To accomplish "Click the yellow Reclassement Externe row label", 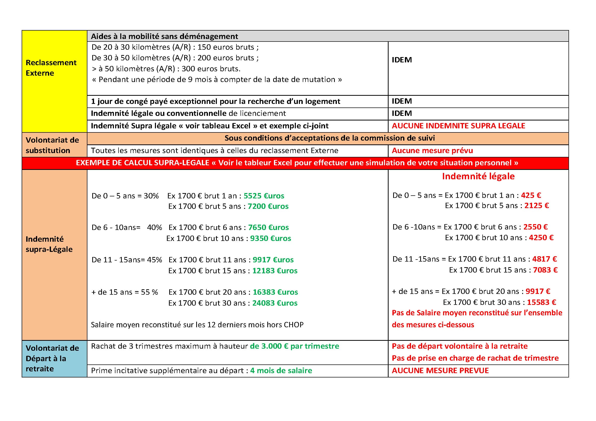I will coord(51,68).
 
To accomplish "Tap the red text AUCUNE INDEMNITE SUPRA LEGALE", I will coord(458,126).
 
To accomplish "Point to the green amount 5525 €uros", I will coord(264,196).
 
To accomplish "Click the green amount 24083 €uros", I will coord(275,303).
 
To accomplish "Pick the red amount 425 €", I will coord(531,195).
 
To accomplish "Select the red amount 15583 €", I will coord(541,302).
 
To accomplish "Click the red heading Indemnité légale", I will coord(478,176).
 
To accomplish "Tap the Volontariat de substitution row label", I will coord(52,145).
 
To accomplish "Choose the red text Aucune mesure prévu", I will coord(432,151).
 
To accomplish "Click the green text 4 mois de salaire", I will coord(281,370).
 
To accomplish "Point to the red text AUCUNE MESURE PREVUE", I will coord(440,370).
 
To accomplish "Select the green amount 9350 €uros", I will coord(271,238).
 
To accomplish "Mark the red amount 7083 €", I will coord(545,270).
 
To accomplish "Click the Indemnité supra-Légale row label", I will coord(49,244).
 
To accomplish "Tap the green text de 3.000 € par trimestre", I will coord(294,346).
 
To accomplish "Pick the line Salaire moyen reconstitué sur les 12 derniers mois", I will coord(197,324).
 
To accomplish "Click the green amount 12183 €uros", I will coord(275,270).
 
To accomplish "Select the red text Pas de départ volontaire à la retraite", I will coord(459,346).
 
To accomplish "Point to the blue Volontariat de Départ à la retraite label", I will coord(52,358).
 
